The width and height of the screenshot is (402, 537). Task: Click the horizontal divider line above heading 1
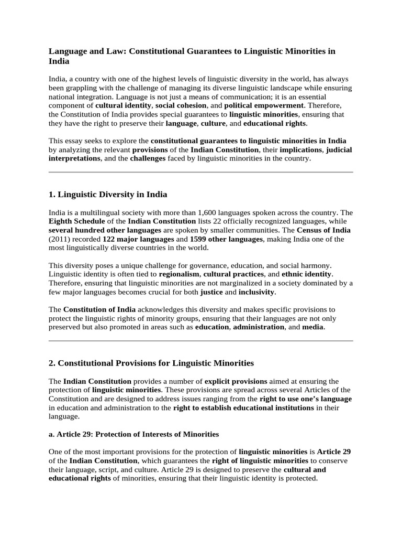[x=200, y=171]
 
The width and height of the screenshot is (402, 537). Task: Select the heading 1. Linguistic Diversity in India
[x=107, y=195]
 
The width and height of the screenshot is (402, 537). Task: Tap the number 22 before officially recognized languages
[x=214, y=222]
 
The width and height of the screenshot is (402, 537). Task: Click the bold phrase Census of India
[x=323, y=230]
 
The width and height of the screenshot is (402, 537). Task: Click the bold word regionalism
[x=179, y=274]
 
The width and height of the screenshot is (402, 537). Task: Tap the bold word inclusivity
[x=257, y=292]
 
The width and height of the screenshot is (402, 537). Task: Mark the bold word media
[x=314, y=327]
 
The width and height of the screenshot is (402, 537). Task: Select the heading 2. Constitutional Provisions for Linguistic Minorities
[x=151, y=363]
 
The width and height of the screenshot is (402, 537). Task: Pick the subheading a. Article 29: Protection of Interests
[x=133, y=434]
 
